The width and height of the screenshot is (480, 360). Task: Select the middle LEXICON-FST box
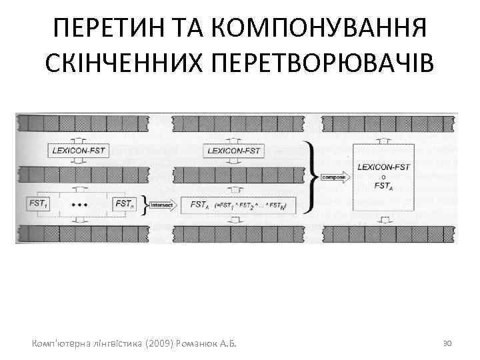233,151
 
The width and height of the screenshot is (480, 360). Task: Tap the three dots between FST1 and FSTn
79,204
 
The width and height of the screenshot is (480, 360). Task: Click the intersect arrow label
163,205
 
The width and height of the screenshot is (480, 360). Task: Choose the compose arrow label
334,177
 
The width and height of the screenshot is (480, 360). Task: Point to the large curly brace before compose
309,177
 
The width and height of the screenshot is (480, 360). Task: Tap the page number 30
448,343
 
